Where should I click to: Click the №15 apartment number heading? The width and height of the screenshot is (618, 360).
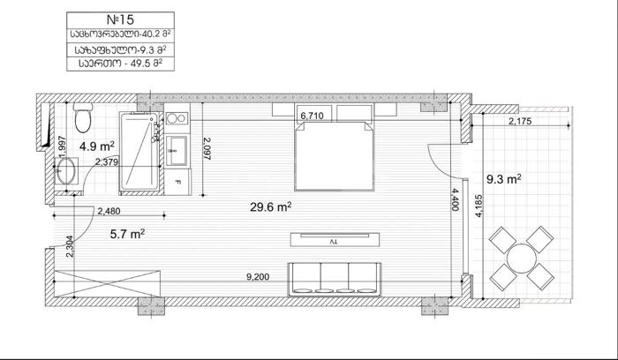pyautogui.click(x=120, y=19)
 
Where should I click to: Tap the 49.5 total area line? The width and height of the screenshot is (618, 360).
pyautogui.click(x=121, y=64)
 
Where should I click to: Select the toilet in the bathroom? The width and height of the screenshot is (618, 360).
pyautogui.click(x=83, y=117)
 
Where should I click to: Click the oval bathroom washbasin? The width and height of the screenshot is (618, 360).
pyautogui.click(x=66, y=171)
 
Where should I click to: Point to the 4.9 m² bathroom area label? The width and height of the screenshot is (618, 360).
pyautogui.click(x=97, y=146)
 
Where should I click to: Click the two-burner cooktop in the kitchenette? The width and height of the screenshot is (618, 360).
pyautogui.click(x=177, y=118)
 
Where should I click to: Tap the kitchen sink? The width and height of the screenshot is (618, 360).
pyautogui.click(x=177, y=151)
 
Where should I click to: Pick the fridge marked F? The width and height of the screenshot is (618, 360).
pyautogui.click(x=177, y=182)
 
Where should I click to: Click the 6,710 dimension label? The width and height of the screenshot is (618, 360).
pyautogui.click(x=312, y=116)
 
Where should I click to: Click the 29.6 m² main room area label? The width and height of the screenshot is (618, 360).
pyautogui.click(x=271, y=206)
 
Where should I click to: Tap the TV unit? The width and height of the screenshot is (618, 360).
pyautogui.click(x=335, y=239)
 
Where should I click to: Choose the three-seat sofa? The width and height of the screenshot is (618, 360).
pyautogui.click(x=335, y=279)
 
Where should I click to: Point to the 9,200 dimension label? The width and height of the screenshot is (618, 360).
pyautogui.click(x=258, y=277)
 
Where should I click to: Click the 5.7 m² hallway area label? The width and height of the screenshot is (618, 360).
pyautogui.click(x=127, y=235)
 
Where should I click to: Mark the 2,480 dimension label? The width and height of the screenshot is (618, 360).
pyautogui.click(x=109, y=211)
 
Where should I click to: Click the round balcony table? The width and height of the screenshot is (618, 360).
pyautogui.click(x=522, y=259)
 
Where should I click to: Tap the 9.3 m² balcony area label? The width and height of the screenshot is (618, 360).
pyautogui.click(x=504, y=180)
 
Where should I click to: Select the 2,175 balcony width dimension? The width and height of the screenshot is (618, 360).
pyautogui.click(x=520, y=121)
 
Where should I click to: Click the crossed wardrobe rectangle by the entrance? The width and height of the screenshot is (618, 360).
pyautogui.click(x=108, y=283)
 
